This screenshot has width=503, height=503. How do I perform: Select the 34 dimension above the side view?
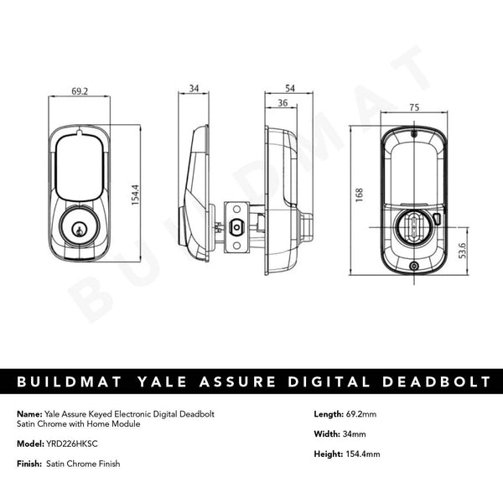[194, 86]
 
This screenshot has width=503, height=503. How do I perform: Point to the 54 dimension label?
[291, 86]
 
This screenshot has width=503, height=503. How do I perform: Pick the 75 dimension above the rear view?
[413, 107]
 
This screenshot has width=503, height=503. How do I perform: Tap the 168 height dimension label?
[359, 194]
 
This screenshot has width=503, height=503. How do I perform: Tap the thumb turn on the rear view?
[413, 224]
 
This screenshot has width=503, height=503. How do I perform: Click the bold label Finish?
[29, 464]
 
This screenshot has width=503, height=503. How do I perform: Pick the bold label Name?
[28, 413]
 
